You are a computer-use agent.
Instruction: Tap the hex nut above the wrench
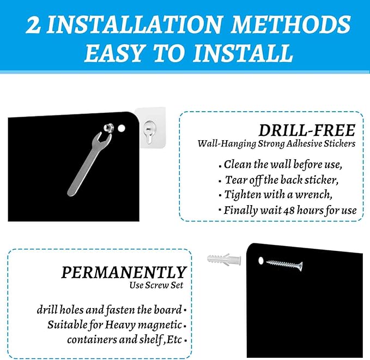click(108, 128)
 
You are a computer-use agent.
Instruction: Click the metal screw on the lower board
click(284, 265)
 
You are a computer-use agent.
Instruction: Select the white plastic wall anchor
click(224, 260)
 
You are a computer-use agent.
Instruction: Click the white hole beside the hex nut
click(122, 129)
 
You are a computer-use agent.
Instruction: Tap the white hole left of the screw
click(261, 261)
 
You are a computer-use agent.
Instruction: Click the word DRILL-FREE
click(307, 130)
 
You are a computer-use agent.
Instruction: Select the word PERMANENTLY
click(124, 272)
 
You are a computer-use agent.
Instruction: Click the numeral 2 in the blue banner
click(33, 25)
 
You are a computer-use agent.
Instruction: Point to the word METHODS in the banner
click(291, 25)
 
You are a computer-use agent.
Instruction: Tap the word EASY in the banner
click(114, 53)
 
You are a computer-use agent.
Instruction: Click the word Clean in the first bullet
click(237, 164)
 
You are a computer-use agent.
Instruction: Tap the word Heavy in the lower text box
click(120, 325)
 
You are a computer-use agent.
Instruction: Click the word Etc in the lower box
click(174, 340)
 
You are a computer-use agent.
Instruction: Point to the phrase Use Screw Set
click(156, 285)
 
